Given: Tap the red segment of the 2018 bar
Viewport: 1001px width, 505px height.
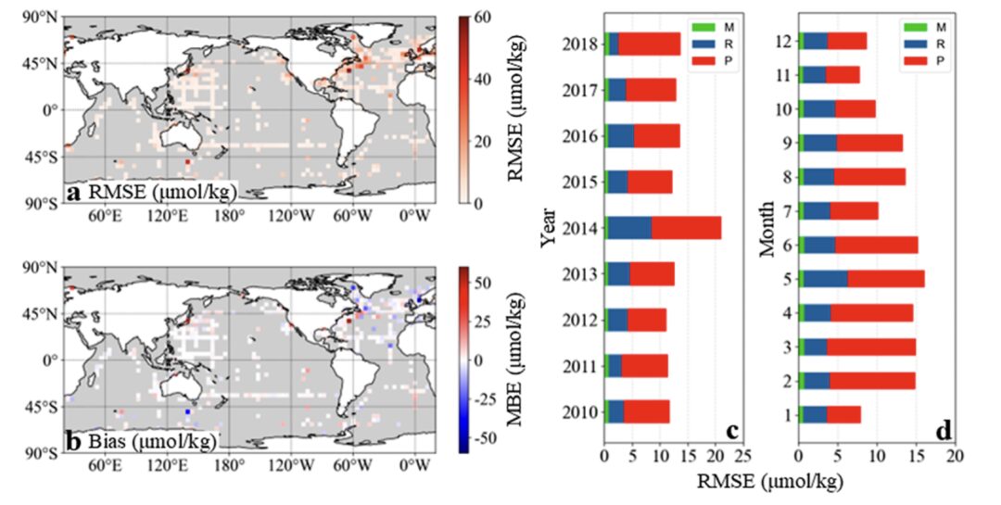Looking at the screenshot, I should (x=649, y=44).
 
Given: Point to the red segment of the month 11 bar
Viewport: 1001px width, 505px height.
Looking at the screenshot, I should (x=843, y=75).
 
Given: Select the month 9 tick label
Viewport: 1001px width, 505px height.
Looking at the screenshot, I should (x=787, y=143).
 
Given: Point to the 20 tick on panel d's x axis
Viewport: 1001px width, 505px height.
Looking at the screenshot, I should (x=955, y=457).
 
